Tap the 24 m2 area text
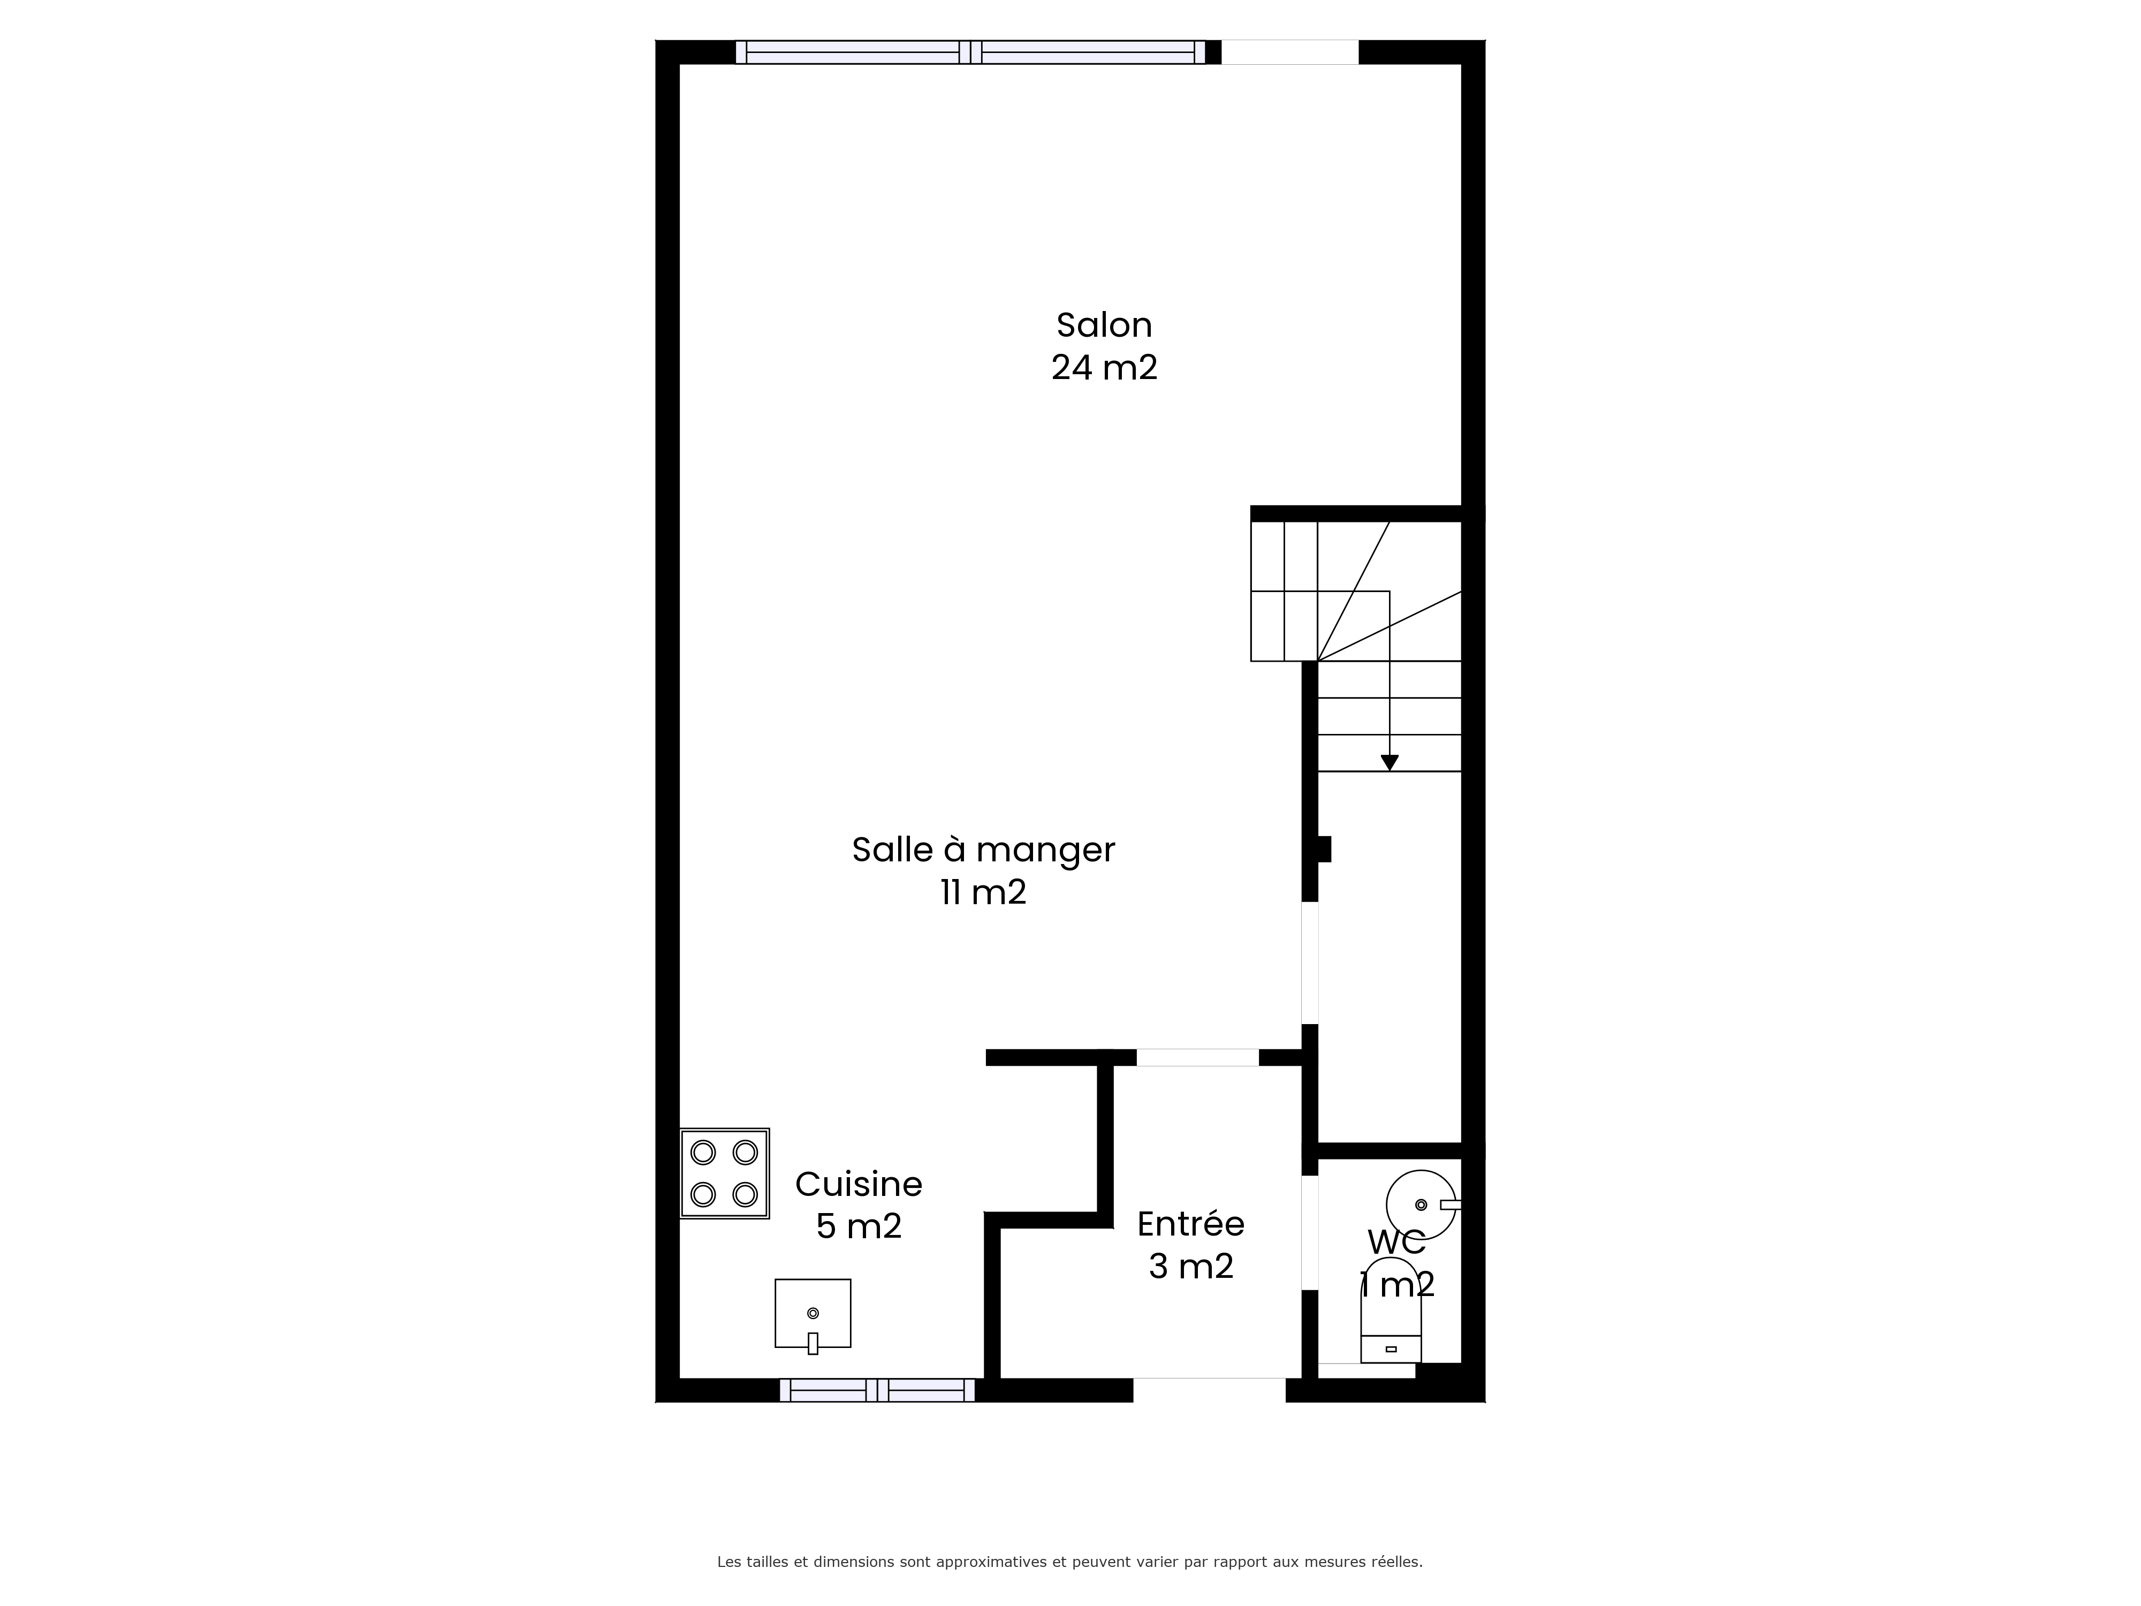coord(1104,368)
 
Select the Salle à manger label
coord(983,850)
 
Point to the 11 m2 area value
coord(983,891)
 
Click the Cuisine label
coord(859,1184)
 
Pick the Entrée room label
coord(1190,1224)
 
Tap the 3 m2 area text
coord(1190,1266)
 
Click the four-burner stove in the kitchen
coord(725,1173)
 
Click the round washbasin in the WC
coord(1421,1205)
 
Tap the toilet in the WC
coord(1391,1310)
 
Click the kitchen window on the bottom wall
coord(877,1390)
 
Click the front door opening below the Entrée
coord(1209,1390)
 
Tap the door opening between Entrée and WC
coord(1310,1232)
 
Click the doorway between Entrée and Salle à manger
coord(1197,1057)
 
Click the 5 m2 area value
coord(859,1226)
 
